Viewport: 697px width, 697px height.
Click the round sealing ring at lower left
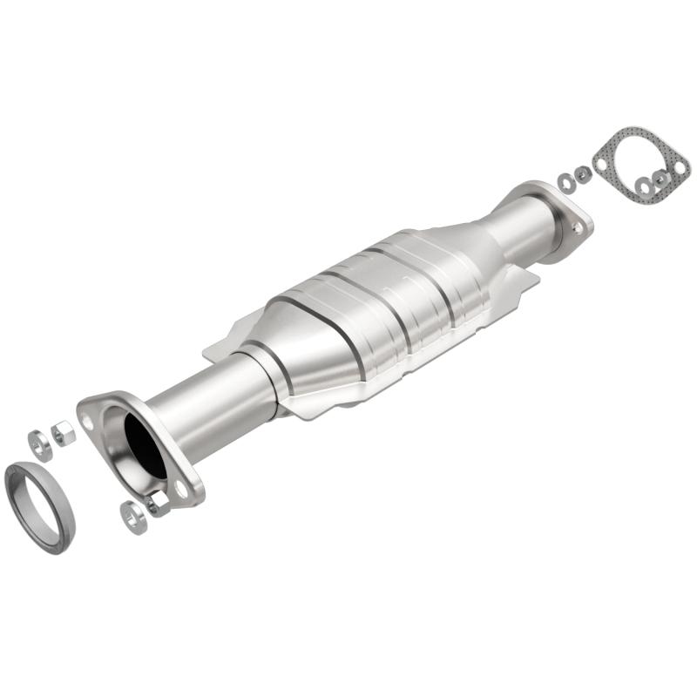pyautogui.click(x=40, y=508)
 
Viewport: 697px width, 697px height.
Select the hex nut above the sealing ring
pyautogui.click(x=64, y=431)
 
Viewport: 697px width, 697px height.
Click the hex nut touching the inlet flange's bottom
pyautogui.click(x=158, y=504)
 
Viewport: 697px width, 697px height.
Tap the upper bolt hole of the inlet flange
pyautogui.click(x=87, y=422)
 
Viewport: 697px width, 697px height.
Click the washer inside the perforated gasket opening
pyautogui.click(x=645, y=186)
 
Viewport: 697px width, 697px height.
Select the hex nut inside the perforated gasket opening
pyautogui.click(x=661, y=178)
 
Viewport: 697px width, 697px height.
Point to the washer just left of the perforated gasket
pyautogui.click(x=566, y=182)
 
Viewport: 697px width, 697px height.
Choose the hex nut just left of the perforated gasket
pyautogui.click(x=581, y=173)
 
